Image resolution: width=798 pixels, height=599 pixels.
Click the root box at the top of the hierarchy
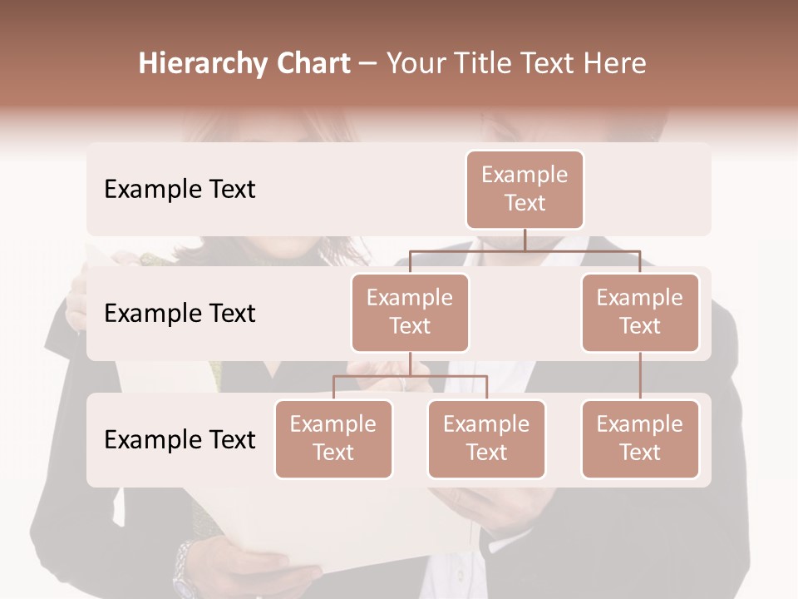click(x=525, y=190)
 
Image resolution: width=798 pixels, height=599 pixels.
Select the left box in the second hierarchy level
click(x=410, y=313)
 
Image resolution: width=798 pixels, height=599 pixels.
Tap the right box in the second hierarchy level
click(x=640, y=313)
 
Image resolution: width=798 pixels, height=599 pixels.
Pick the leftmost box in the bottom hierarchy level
click(x=333, y=439)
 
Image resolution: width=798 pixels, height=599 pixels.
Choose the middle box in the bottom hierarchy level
click(x=486, y=439)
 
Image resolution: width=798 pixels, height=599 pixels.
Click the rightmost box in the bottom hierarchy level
click(x=640, y=439)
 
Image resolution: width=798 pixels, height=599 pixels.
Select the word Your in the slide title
click(x=415, y=64)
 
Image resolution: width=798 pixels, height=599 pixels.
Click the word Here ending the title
click(x=616, y=64)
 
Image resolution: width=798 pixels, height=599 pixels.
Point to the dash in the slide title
click(x=367, y=65)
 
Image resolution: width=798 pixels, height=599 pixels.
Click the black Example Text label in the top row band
click(x=180, y=190)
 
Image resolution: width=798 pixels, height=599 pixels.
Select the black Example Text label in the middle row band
click(x=180, y=314)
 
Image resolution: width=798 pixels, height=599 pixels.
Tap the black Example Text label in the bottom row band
click(x=180, y=440)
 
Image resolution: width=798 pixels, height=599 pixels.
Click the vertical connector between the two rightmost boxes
click(x=640, y=376)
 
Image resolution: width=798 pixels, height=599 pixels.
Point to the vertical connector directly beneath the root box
click(x=525, y=240)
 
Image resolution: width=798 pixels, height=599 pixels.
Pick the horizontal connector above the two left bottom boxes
click(x=410, y=376)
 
